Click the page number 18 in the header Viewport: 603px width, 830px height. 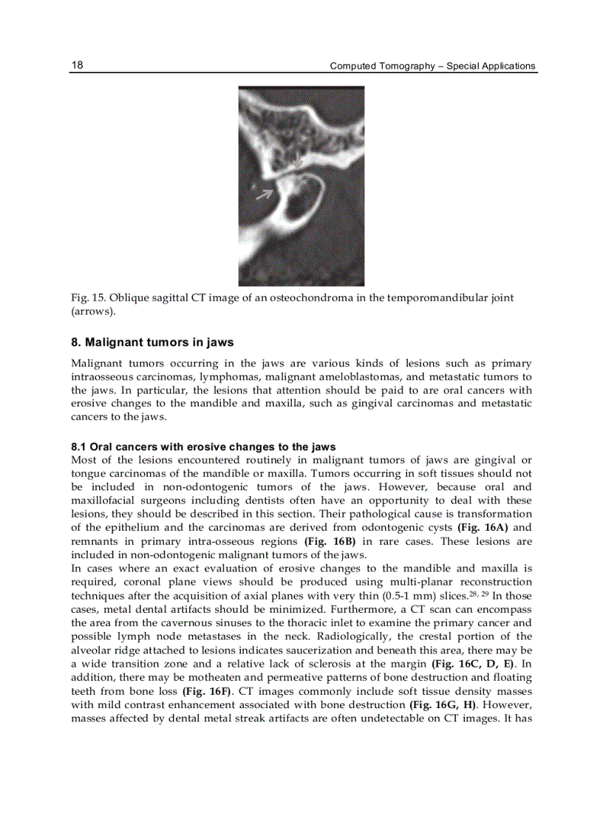(x=77, y=65)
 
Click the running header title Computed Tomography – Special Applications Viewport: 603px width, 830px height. (x=432, y=66)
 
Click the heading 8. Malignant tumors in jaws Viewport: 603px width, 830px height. (x=152, y=342)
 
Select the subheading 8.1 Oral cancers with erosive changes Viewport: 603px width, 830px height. (x=203, y=447)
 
